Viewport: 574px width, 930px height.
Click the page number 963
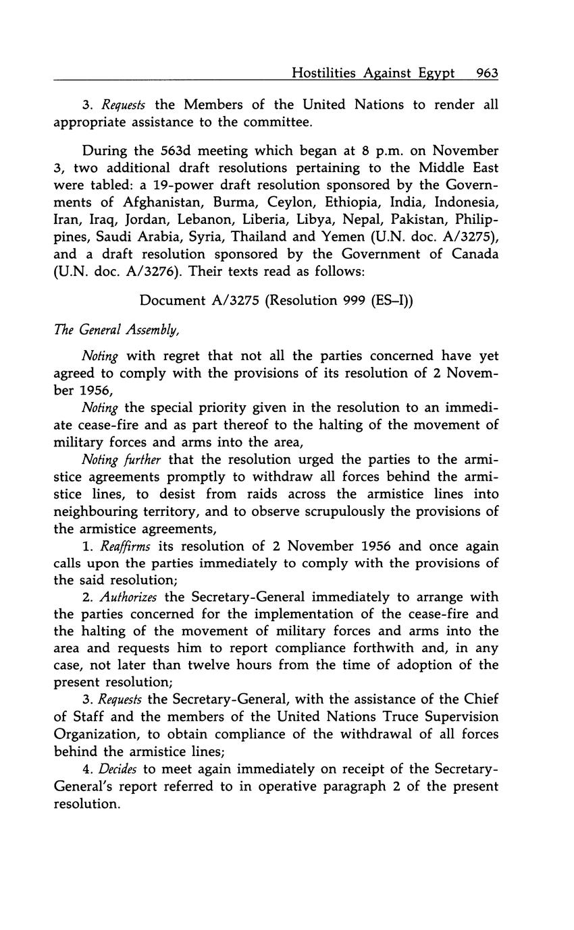[487, 73]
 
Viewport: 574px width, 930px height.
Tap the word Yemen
[379, 236]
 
